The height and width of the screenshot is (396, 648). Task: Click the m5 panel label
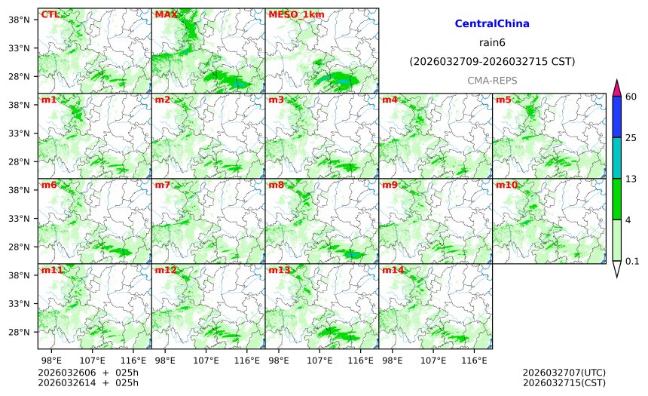coord(503,100)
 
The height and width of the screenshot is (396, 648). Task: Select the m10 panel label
coord(506,185)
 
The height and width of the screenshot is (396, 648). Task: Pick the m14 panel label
coord(392,270)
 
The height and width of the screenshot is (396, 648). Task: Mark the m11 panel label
coord(51,270)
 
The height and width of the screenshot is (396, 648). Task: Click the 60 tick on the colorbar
coord(631,96)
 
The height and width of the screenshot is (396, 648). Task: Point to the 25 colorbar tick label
coord(631,137)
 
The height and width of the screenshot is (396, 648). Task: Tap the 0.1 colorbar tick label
coord(632,262)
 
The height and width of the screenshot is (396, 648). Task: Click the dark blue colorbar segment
coord(616,116)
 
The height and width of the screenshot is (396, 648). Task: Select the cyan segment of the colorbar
coord(616,158)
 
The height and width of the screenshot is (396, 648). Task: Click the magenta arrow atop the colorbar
coord(616,87)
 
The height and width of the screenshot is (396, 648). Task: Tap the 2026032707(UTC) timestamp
coord(564,373)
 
